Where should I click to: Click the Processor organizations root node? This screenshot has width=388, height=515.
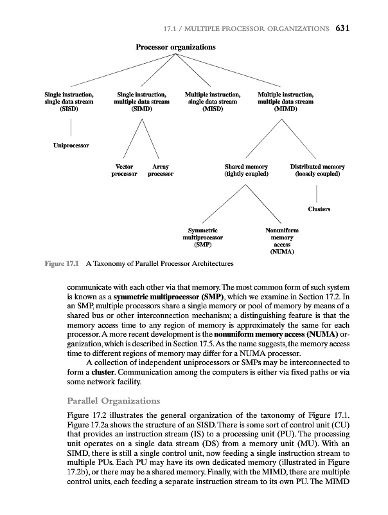[x=175, y=48]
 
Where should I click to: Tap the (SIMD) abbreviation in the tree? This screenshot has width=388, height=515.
[x=141, y=109]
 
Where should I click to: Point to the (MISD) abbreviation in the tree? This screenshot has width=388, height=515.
[x=213, y=109]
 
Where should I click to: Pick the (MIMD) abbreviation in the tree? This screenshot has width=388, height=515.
[x=285, y=109]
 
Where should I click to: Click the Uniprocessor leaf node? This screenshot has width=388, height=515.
[x=71, y=145]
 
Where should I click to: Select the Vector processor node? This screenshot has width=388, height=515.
[x=125, y=171]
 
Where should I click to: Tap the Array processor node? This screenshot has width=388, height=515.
[x=161, y=171]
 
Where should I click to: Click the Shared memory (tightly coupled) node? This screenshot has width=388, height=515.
[x=246, y=171]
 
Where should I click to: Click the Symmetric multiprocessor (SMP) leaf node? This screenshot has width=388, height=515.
[x=203, y=237]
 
